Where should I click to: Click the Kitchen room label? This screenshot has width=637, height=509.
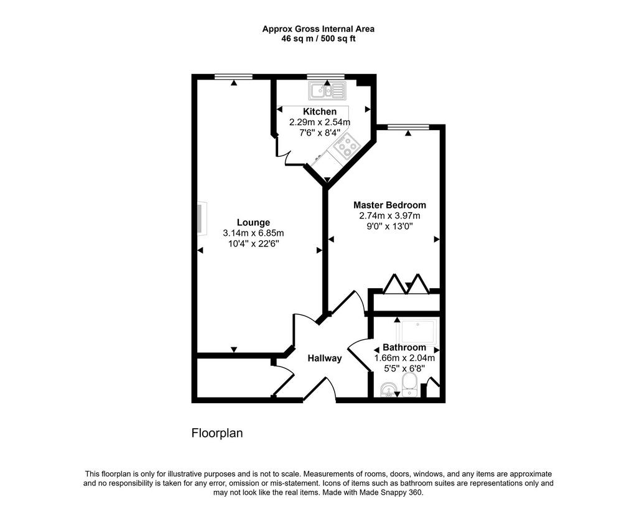(320, 111)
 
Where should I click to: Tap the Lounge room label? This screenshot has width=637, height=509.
(254, 222)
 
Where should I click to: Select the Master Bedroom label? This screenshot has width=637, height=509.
(389, 205)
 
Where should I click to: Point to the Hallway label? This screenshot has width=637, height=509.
(325, 358)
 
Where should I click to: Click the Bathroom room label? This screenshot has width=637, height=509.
(404, 347)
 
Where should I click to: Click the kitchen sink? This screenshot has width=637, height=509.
(327, 91)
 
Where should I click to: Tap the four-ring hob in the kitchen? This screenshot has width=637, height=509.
(346, 145)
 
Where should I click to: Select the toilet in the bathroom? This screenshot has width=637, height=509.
(409, 385)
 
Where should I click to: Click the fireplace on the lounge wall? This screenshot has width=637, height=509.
(201, 218)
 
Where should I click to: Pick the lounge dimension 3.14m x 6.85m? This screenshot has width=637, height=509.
(254, 233)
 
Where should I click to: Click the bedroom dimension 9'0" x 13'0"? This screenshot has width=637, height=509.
(389, 226)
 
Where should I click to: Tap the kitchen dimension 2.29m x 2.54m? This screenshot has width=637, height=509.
(320, 122)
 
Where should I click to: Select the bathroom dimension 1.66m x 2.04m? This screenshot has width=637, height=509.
(404, 358)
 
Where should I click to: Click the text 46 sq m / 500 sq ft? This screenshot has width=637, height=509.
(318, 39)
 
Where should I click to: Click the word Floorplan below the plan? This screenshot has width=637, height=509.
(217, 433)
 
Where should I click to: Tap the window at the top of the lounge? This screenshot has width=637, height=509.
(234, 77)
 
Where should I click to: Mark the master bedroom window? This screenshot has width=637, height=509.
(408, 127)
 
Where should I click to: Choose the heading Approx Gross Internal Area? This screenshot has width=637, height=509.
(318, 29)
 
